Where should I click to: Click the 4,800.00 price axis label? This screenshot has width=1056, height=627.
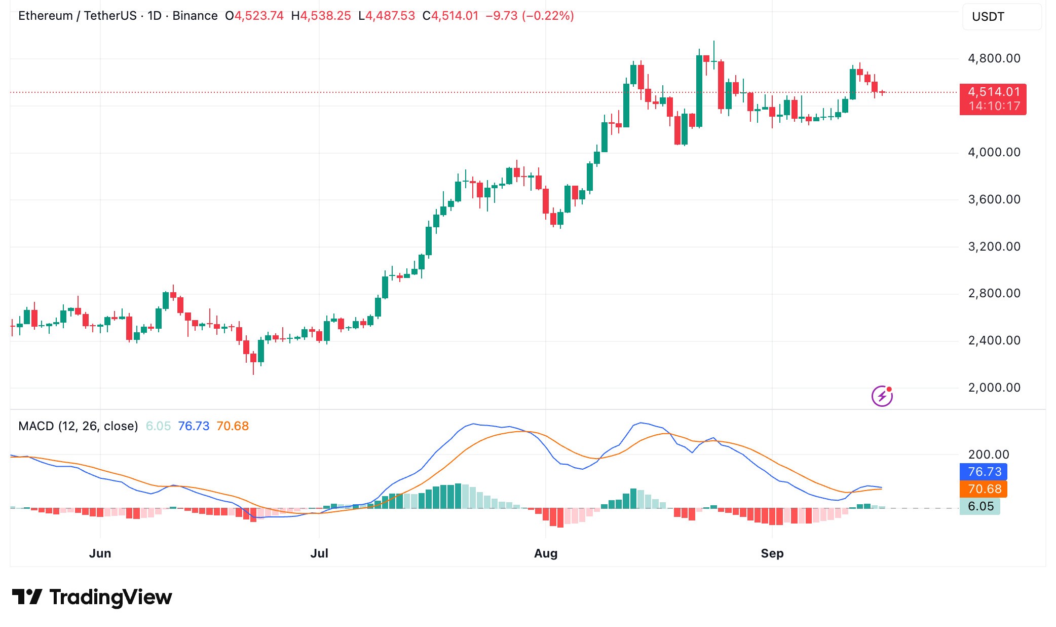[994, 58]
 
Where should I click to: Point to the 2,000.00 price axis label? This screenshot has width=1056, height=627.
[994, 388]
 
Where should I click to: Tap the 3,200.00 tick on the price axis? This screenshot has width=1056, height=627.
[994, 247]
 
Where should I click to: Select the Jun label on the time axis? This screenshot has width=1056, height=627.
[100, 553]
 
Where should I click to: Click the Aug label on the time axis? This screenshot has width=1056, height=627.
[546, 553]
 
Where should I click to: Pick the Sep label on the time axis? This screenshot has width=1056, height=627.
[772, 553]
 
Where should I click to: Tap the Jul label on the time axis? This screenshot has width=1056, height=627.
[319, 553]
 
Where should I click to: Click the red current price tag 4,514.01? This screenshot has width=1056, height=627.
[993, 92]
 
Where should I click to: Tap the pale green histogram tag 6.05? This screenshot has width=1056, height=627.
[980, 506]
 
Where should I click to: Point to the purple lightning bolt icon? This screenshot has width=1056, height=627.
[882, 396]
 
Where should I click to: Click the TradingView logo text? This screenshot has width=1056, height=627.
[110, 598]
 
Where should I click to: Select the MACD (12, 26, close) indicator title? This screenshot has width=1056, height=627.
[78, 426]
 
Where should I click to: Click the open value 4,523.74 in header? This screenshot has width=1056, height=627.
[258, 16]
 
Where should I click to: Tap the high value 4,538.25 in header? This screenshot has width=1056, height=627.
[325, 16]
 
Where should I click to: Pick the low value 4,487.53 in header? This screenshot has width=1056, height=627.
[390, 16]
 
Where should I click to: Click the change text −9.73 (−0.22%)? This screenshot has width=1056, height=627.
[530, 16]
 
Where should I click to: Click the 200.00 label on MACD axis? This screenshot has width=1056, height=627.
[988, 455]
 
